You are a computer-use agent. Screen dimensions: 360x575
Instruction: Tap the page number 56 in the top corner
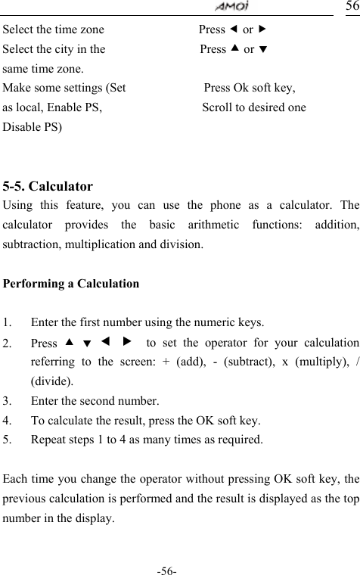coord(352,7)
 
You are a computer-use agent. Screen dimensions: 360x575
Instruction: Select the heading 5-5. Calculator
coord(48,185)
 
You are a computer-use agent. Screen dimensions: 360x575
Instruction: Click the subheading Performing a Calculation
coord(71,284)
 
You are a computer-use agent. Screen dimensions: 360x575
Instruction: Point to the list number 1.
coord(7,322)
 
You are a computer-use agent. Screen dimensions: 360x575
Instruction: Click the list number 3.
coord(7,400)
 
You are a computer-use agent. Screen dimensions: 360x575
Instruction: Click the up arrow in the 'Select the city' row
coord(236,49)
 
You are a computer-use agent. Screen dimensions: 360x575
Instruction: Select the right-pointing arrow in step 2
coord(126,341)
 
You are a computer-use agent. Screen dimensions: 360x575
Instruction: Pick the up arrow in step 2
coord(70,341)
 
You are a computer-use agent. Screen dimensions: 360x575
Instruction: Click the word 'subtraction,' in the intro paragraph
coord(33,244)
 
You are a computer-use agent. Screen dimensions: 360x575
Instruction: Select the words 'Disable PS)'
coord(33,126)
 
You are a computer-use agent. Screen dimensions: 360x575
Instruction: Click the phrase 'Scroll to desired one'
coord(254,107)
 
